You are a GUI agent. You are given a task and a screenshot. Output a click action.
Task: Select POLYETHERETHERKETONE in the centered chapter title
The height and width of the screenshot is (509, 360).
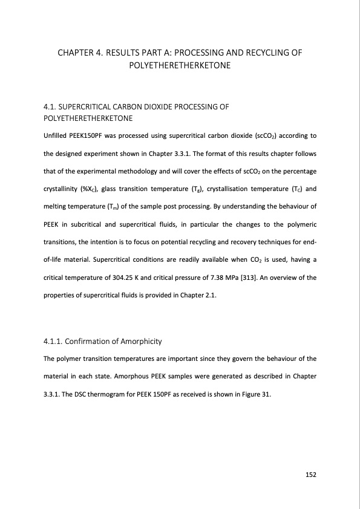[x=180, y=64]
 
